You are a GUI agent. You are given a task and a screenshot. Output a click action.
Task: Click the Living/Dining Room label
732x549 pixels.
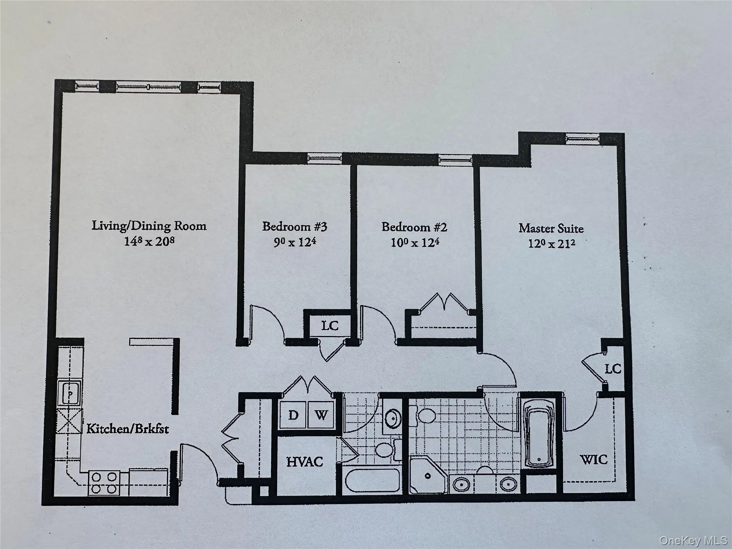pyautogui.click(x=149, y=226)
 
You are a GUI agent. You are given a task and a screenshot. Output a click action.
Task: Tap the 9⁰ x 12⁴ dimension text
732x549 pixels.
pyautogui.click(x=295, y=243)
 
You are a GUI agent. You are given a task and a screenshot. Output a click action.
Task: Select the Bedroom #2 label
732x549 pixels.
pyautogui.click(x=414, y=227)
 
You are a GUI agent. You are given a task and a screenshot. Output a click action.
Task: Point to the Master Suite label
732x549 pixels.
pyautogui.click(x=551, y=228)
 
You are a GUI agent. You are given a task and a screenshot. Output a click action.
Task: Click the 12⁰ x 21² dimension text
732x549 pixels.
pyautogui.click(x=552, y=244)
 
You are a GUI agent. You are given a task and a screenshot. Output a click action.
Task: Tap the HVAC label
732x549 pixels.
pyautogui.click(x=305, y=462)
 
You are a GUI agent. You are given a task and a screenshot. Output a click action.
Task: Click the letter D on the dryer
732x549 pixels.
pyautogui.click(x=293, y=415)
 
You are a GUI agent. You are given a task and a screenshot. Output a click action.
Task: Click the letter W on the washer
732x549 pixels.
pyautogui.click(x=321, y=415)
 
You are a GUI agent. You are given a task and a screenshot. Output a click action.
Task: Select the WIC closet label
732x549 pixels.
pyautogui.click(x=593, y=459)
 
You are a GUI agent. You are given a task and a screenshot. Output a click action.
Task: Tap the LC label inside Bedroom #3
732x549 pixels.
pyautogui.click(x=330, y=326)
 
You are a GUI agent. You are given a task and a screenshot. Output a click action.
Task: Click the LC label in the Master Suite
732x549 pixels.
pyautogui.click(x=613, y=369)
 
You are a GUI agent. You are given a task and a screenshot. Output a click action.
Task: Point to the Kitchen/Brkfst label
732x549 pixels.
pyautogui.click(x=128, y=429)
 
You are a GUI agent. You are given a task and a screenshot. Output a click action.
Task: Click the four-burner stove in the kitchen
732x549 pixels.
pyautogui.click(x=104, y=483)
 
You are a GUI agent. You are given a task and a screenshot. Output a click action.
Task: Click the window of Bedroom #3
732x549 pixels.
pyautogui.click(x=325, y=158)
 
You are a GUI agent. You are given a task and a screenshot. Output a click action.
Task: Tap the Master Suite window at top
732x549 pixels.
pyautogui.click(x=582, y=139)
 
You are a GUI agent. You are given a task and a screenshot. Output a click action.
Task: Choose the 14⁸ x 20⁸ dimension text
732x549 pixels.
pyautogui.click(x=149, y=242)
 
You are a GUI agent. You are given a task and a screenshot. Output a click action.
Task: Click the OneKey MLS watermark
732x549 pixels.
pyautogui.click(x=693, y=540)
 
